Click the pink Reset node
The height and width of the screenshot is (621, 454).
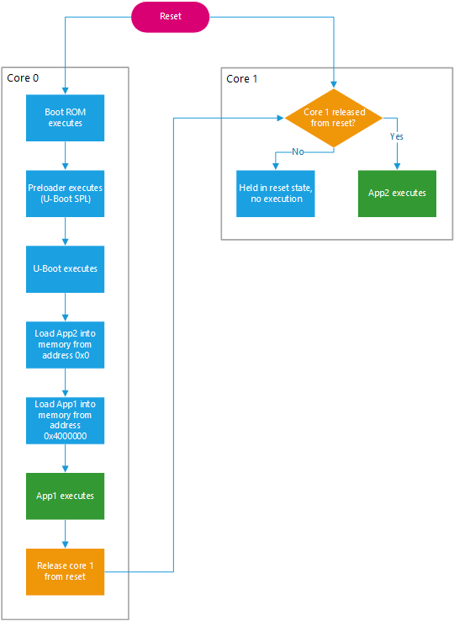click(x=170, y=17)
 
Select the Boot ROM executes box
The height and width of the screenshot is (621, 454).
click(x=65, y=117)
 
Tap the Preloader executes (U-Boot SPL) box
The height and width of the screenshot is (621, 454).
click(x=65, y=193)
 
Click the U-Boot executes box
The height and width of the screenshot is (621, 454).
click(x=65, y=268)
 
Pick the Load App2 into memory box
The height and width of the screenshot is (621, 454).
click(x=65, y=344)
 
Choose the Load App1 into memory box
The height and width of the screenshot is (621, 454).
click(x=65, y=420)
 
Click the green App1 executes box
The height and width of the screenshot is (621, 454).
click(x=65, y=496)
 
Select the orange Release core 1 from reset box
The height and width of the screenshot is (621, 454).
click(x=65, y=571)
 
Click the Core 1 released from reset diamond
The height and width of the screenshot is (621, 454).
click(x=334, y=118)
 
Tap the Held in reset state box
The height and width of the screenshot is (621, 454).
click(x=275, y=194)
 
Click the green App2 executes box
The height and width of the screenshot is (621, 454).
click(x=397, y=194)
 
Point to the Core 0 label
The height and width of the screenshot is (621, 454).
click(x=23, y=78)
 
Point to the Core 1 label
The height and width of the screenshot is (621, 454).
click(x=242, y=78)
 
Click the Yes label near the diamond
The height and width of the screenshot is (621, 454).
click(x=397, y=135)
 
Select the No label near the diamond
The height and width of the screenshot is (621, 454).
click(x=297, y=151)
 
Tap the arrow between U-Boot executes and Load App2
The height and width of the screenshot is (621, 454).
click(x=65, y=306)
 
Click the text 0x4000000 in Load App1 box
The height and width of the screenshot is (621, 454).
click(x=65, y=436)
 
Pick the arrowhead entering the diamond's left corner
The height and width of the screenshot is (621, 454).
click(x=281, y=118)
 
